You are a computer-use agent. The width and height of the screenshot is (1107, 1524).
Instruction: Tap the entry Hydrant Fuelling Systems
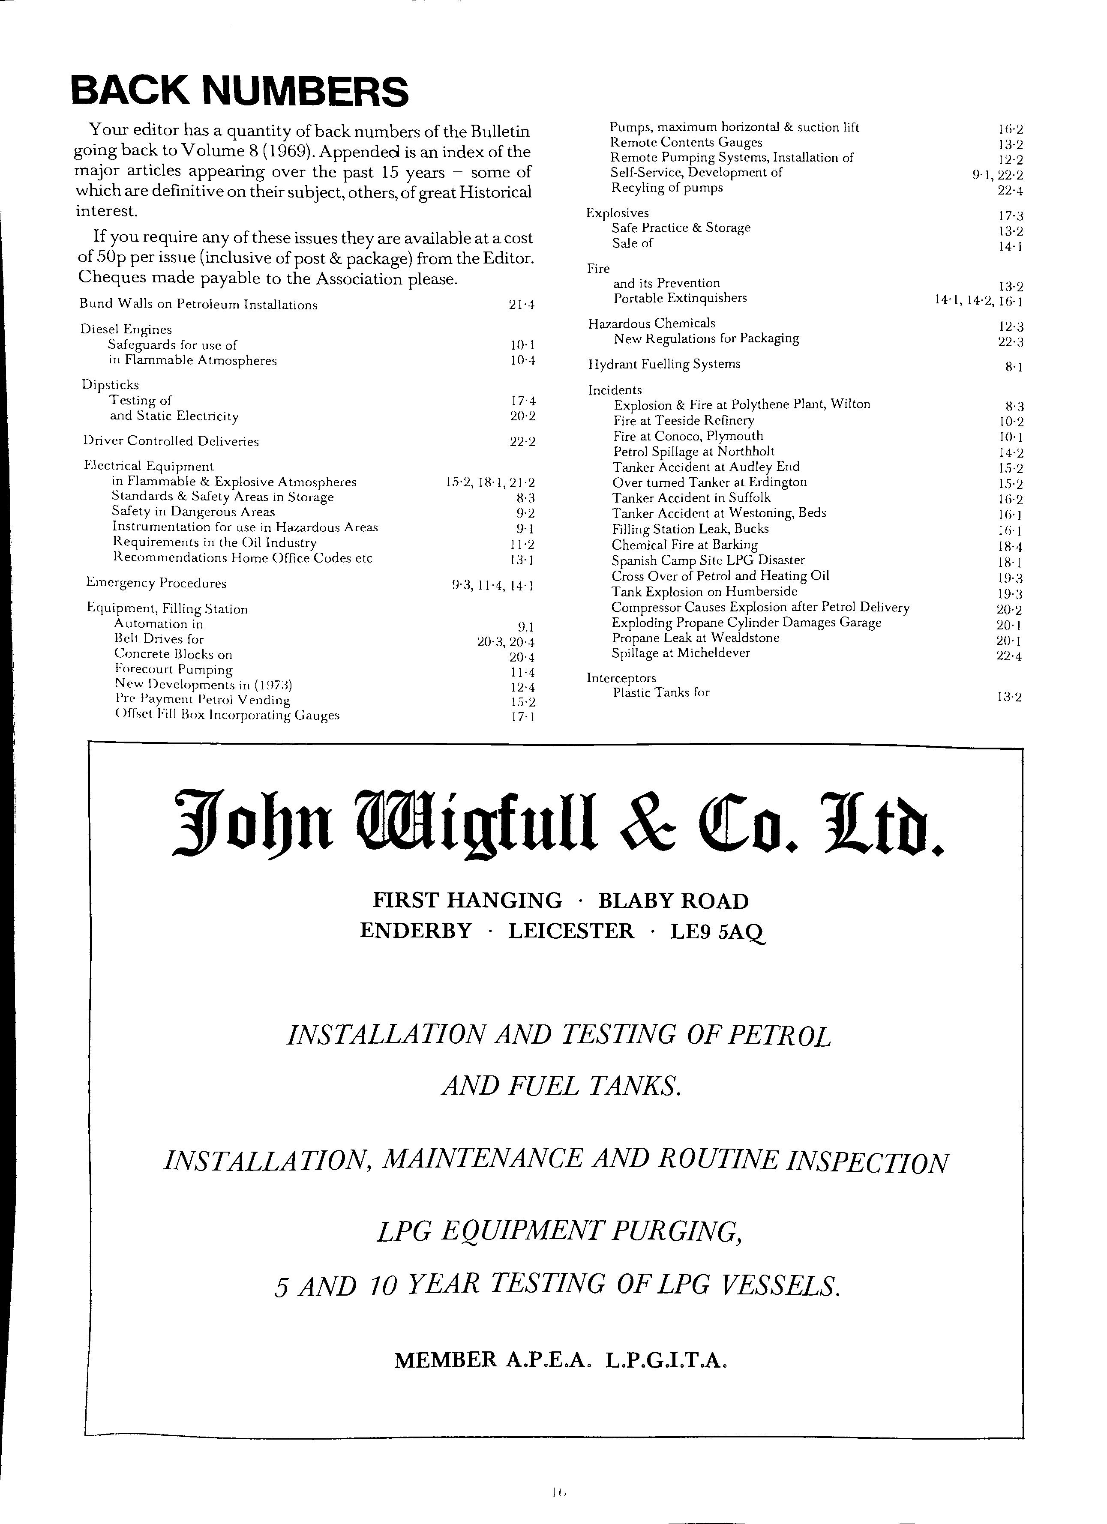[663, 364]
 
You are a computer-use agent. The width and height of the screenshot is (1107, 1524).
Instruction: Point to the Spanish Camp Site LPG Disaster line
[708, 560]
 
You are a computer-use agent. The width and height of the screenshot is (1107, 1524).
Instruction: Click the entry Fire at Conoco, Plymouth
[687, 436]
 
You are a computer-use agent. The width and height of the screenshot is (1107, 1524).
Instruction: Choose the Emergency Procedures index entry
[156, 583]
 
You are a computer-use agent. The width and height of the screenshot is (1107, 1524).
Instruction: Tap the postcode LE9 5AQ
[717, 931]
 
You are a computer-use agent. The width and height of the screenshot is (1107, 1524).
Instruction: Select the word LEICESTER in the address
[570, 931]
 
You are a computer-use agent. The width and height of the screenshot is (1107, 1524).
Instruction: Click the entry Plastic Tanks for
[661, 693]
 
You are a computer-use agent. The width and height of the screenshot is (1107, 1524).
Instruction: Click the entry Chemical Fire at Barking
[684, 545]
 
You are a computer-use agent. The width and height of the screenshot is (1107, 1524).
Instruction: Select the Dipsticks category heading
[110, 385]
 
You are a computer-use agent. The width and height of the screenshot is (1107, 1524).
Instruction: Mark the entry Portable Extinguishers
[680, 298]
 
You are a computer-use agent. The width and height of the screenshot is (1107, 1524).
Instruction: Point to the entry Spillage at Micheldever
[680, 653]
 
